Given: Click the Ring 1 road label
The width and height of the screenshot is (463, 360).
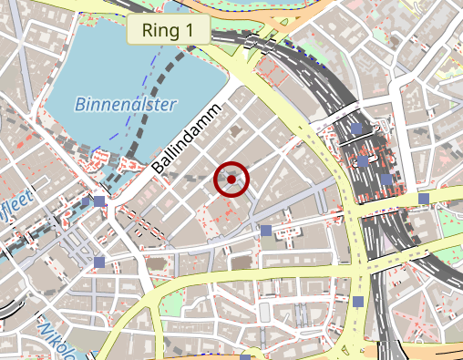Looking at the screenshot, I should pyautogui.click(x=169, y=29).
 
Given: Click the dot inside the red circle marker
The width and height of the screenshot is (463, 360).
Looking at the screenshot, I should pyautogui.click(x=231, y=180).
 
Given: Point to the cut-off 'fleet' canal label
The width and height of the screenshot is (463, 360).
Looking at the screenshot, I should pyautogui.click(x=18, y=197).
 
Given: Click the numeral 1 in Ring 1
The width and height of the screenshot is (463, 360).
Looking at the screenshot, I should pyautogui.click(x=189, y=29).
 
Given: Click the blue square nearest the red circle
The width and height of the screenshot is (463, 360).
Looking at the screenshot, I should pyautogui.click(x=266, y=231).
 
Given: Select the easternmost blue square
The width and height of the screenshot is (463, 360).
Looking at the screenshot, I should pyautogui.click(x=424, y=198).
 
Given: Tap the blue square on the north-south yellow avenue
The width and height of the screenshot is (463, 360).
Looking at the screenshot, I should pyautogui.click(x=358, y=302).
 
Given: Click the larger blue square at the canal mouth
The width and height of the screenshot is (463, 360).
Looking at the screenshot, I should pyautogui.click(x=98, y=201).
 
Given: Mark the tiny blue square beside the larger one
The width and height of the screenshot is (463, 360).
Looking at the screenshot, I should pyautogui.click(x=87, y=200).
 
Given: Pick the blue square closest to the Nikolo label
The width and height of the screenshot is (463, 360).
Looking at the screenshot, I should pyautogui.click(x=99, y=262).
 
